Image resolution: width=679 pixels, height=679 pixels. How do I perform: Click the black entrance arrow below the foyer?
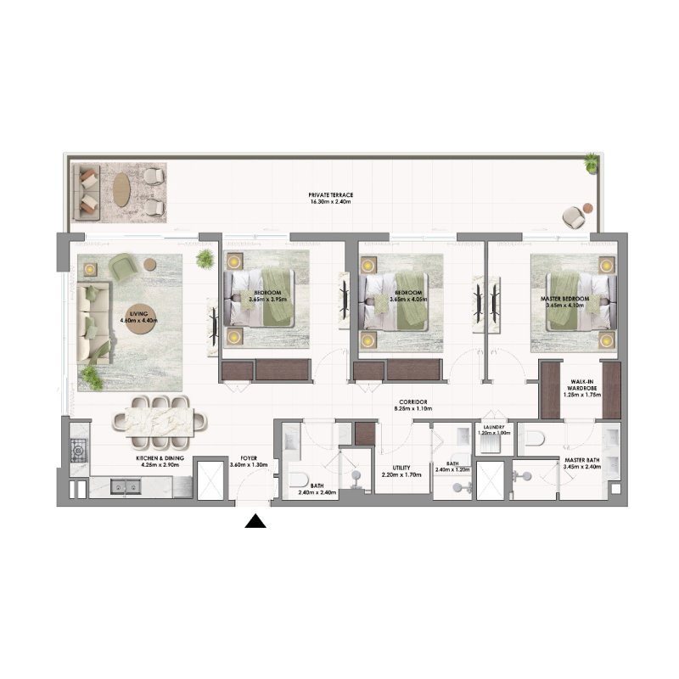(255, 520)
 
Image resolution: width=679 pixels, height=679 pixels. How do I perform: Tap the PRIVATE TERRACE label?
(331, 195)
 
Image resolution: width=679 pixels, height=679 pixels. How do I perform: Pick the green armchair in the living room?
(125, 267)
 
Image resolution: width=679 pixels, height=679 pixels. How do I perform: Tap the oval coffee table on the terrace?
(122, 189)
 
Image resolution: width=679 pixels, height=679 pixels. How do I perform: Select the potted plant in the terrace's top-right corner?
(590, 161)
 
